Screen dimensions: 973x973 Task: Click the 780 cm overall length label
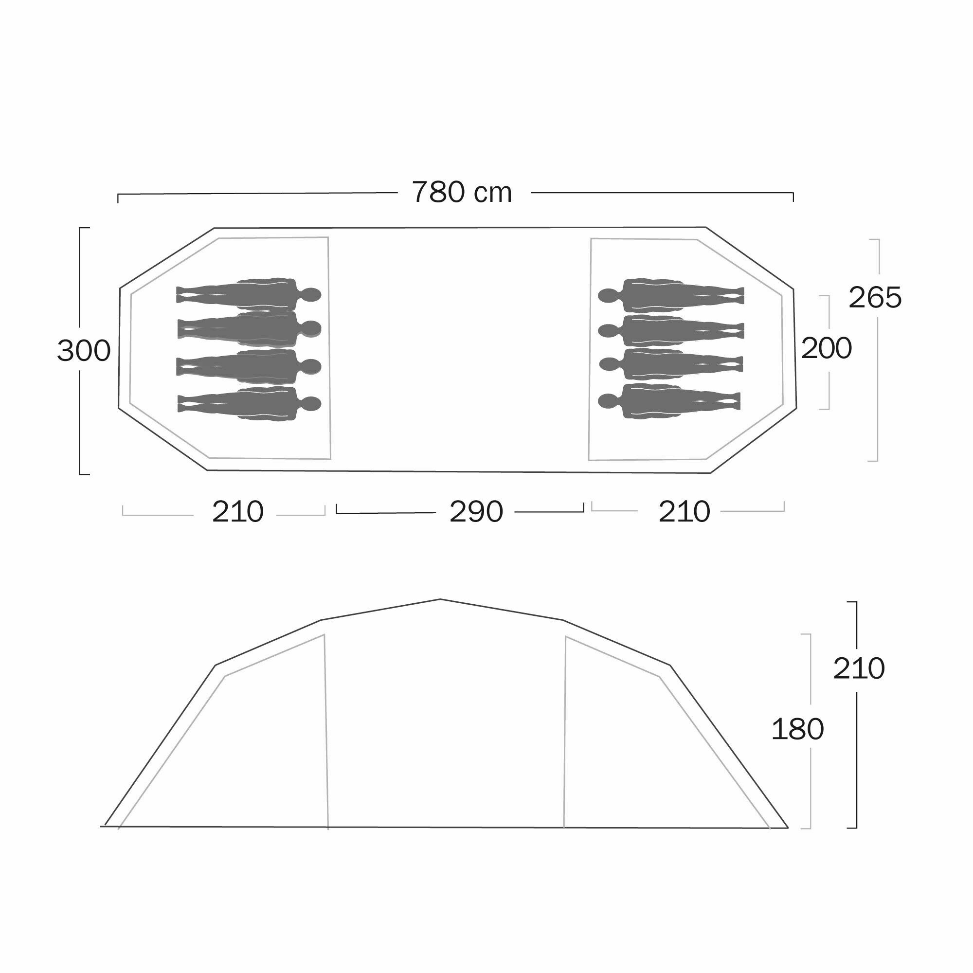[x=462, y=192]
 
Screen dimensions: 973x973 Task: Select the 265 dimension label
[x=875, y=298]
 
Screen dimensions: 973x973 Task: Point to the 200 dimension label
[x=827, y=348]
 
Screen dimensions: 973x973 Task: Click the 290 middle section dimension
[x=476, y=512]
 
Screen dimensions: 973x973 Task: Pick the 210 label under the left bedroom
[x=238, y=512]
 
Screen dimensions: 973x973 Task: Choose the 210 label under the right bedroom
[x=685, y=512]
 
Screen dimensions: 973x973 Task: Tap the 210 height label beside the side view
[x=859, y=668]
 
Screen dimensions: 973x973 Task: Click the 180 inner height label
[x=797, y=729]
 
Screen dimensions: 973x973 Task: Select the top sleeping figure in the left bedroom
[x=249, y=294]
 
